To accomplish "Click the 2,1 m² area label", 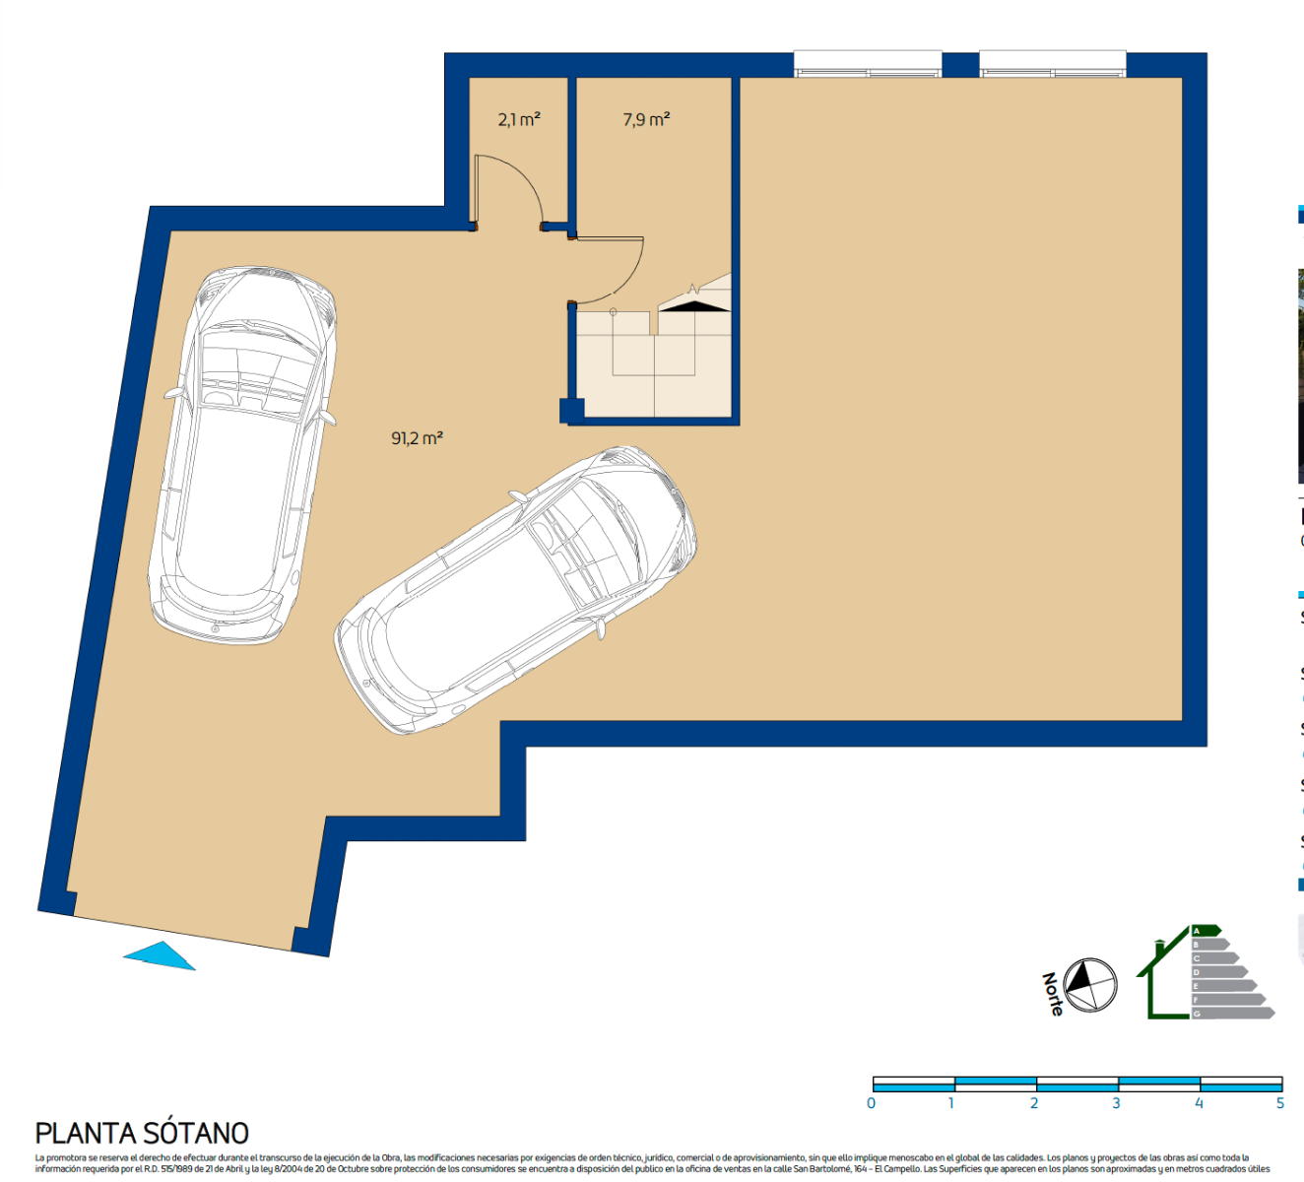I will [519, 119].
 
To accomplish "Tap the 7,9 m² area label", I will [646, 119].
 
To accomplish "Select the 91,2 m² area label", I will [417, 437].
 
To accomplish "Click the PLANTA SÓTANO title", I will [142, 1133].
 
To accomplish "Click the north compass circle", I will [1090, 984].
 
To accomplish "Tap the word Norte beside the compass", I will [1053, 994].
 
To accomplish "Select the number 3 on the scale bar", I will [1116, 1103].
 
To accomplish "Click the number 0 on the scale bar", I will [872, 1103].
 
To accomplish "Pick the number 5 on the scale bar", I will [1279, 1103].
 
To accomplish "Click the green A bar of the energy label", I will [1206, 930].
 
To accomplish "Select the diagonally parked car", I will [516, 587].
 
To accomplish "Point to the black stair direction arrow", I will [694, 306].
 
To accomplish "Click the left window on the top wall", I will [868, 65].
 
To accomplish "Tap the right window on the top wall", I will [1052, 65].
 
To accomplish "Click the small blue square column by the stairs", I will [571, 410].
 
